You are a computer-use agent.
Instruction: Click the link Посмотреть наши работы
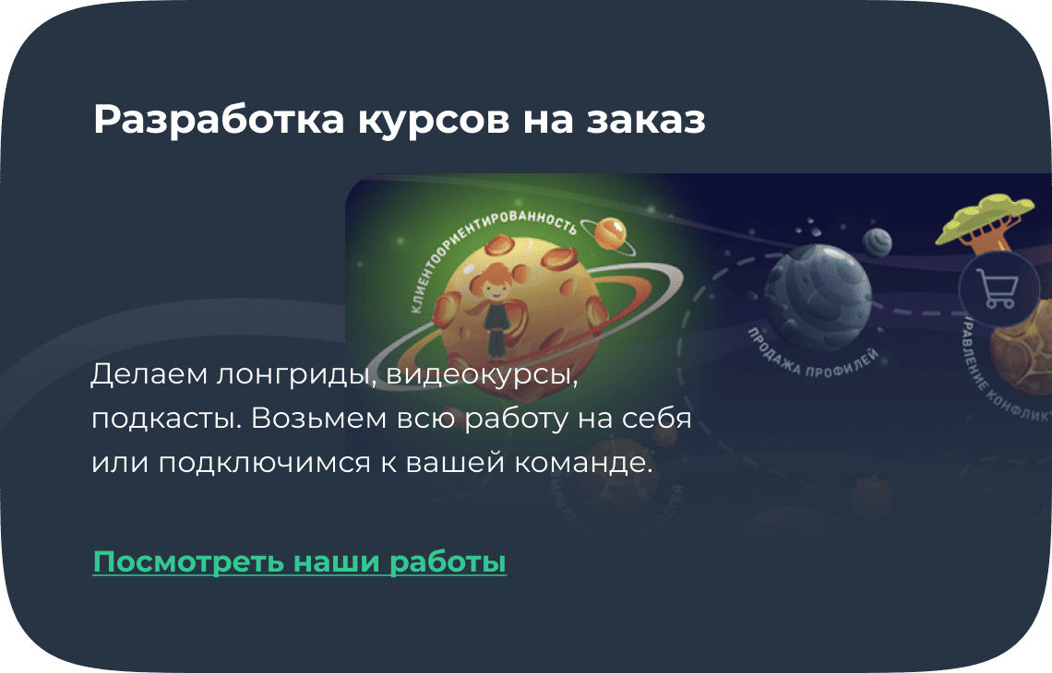point(299,561)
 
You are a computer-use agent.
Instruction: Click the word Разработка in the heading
point(218,121)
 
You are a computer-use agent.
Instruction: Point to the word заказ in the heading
point(646,121)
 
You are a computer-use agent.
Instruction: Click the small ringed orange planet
point(610,232)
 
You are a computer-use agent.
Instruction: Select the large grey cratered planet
point(818,290)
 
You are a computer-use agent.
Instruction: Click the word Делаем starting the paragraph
point(149,376)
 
